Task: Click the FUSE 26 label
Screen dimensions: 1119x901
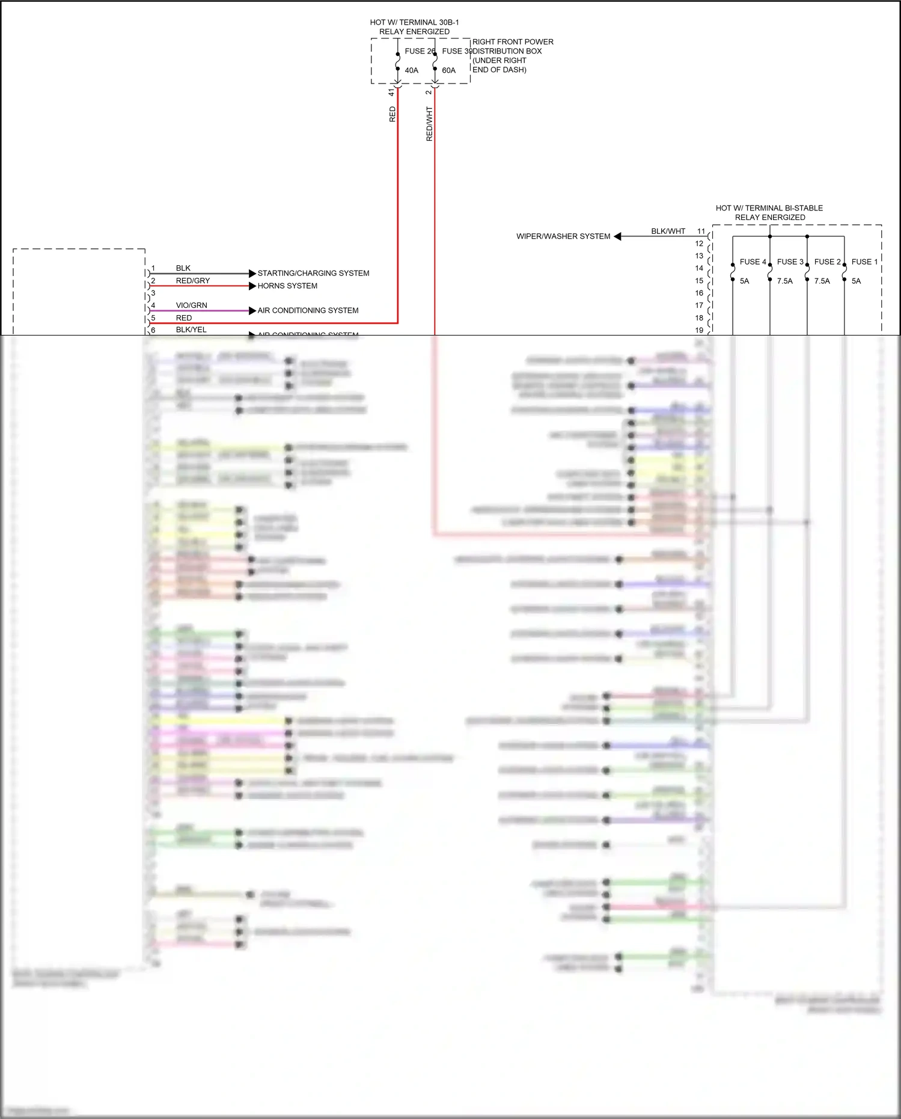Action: click(419, 51)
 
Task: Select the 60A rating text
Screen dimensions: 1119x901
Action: click(448, 70)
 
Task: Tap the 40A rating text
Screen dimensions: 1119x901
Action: click(411, 70)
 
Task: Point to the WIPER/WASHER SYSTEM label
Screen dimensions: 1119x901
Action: click(563, 236)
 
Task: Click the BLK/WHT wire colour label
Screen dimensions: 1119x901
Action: click(668, 231)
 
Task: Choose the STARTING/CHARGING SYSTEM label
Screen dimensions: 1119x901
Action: click(313, 273)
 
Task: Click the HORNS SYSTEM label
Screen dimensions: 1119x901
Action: click(287, 286)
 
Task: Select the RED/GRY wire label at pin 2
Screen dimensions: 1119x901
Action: click(193, 281)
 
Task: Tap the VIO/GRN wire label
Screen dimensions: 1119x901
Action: click(191, 305)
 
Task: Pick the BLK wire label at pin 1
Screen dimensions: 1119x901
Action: click(183, 268)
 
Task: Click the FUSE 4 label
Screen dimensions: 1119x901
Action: click(753, 262)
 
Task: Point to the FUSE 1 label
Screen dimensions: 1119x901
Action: click(864, 262)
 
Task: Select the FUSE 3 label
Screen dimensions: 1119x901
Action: click(790, 262)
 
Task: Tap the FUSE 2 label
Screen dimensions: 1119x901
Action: click(827, 262)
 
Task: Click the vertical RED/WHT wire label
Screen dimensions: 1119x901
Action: click(429, 124)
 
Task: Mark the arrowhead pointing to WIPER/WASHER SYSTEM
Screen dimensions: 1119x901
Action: click(617, 236)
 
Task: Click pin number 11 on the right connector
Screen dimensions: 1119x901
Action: click(701, 231)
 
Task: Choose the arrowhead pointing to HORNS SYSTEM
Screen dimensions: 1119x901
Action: click(252, 286)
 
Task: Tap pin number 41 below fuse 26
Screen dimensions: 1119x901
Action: click(391, 92)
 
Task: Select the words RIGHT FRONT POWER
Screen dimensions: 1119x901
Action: click(513, 42)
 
